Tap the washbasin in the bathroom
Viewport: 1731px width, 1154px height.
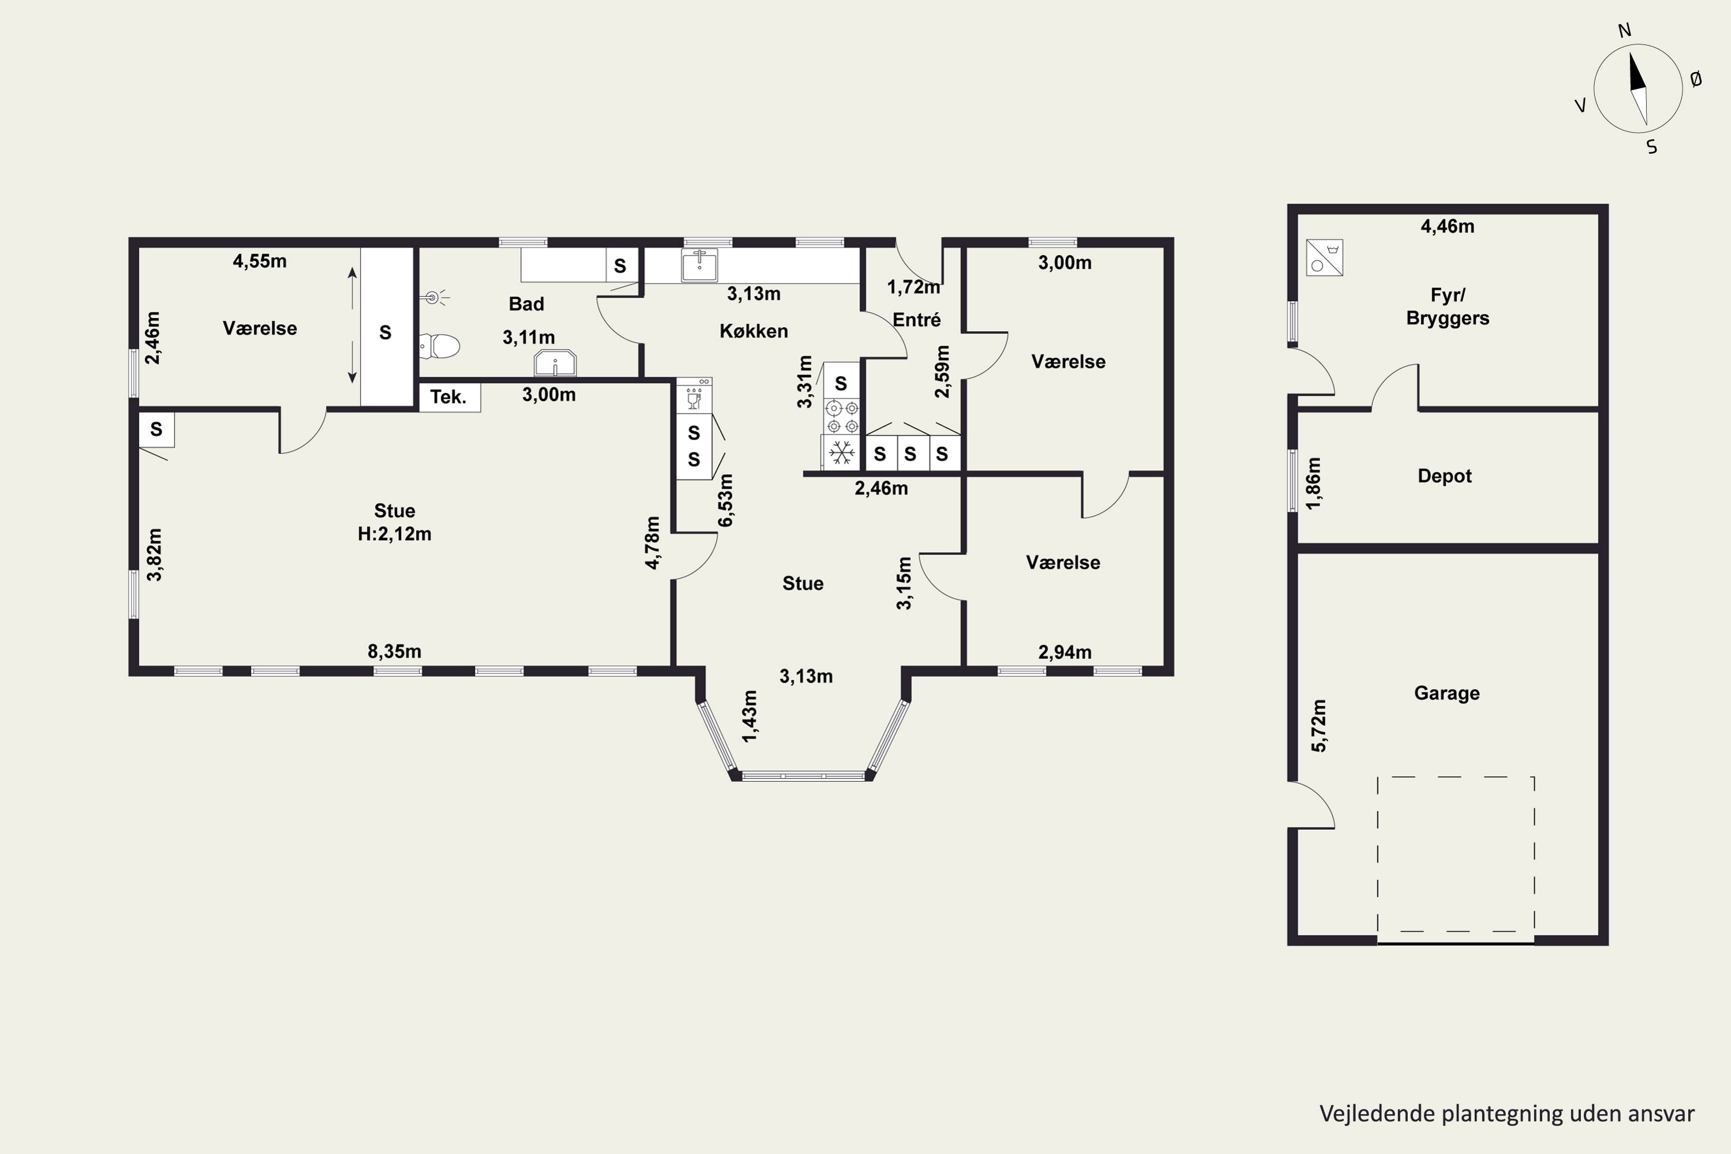(555, 363)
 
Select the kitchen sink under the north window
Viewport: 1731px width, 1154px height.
(699, 265)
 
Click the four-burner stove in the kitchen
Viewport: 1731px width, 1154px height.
(842, 417)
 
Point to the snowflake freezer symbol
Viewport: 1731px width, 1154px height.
(841, 452)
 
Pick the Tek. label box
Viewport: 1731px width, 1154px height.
(449, 398)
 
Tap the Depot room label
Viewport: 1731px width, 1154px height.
(1445, 476)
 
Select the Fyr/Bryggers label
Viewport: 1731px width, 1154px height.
(1448, 307)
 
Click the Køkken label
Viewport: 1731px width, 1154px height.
(754, 331)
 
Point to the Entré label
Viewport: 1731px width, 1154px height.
(917, 320)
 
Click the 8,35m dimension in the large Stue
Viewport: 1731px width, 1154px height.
(395, 651)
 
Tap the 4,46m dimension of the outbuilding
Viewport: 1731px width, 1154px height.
(1448, 227)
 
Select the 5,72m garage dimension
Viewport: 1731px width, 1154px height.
(1319, 726)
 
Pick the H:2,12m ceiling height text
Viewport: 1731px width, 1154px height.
(395, 534)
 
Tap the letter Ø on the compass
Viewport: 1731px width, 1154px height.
(1696, 80)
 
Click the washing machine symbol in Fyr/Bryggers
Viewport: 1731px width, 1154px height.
(1325, 257)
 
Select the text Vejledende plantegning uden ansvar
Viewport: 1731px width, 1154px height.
(1507, 1114)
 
